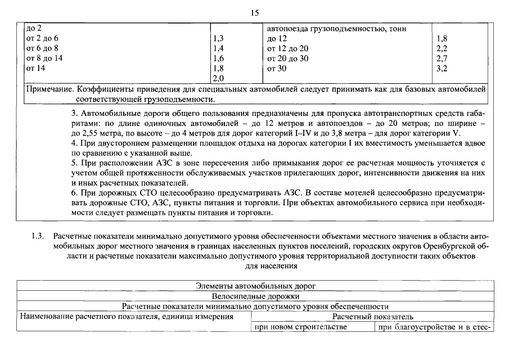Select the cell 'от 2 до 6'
pyautogui.click(x=42, y=38)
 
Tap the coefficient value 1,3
pyautogui.click(x=219, y=38)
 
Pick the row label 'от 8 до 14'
pyautogui.click(x=44, y=58)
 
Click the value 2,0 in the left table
pyautogui.click(x=219, y=78)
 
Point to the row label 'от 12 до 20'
pyautogui.click(x=288, y=48)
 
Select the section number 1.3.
pyautogui.click(x=38, y=236)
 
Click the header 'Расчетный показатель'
pyautogui.click(x=373, y=317)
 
